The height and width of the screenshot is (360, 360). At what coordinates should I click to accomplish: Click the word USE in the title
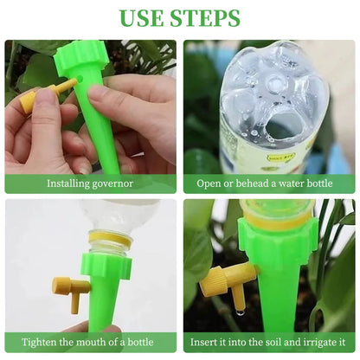[142, 18]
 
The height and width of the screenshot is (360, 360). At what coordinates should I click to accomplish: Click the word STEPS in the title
[205, 18]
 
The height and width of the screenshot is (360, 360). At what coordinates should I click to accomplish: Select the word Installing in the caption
[66, 183]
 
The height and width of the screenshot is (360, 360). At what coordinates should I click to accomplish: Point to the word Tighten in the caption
[39, 343]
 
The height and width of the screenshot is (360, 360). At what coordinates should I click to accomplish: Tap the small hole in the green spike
[80, 78]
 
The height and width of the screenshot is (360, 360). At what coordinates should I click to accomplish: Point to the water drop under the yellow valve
[239, 312]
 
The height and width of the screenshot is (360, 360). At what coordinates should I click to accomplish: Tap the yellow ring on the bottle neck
[110, 238]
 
